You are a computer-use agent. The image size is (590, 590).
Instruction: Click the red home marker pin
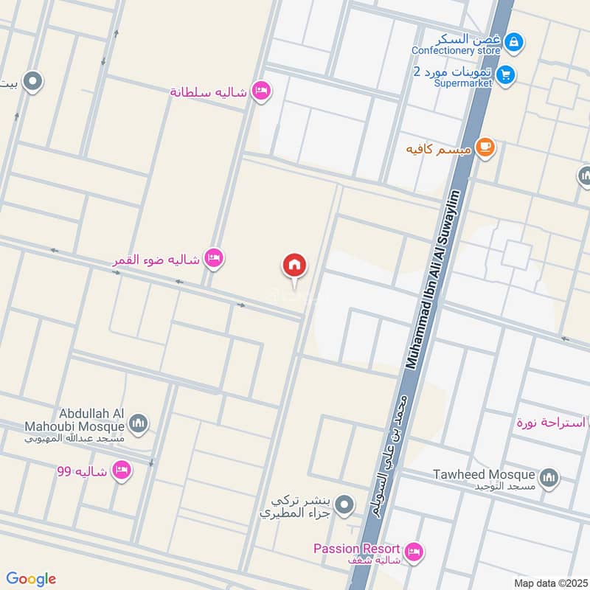click(x=295, y=265)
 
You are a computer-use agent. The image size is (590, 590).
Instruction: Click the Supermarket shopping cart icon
click(x=505, y=74)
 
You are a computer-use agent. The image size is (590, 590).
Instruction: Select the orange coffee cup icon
click(x=484, y=147)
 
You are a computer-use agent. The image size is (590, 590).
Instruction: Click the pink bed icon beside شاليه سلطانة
click(x=260, y=91)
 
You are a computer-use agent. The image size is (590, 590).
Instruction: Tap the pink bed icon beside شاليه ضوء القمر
click(x=214, y=258)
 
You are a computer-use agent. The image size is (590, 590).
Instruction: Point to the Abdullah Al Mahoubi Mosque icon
click(x=138, y=423)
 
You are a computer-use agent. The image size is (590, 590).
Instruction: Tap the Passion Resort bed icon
click(x=414, y=550)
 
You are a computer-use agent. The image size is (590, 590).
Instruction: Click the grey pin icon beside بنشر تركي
click(x=343, y=505)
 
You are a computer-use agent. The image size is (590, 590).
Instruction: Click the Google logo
click(x=31, y=579)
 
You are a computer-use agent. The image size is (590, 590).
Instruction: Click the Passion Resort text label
click(x=356, y=549)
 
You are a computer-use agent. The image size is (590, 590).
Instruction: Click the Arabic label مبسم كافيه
click(x=438, y=149)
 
